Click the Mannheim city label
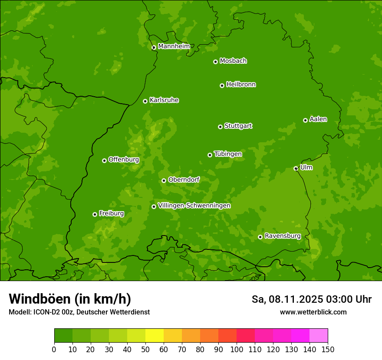tap(174, 46)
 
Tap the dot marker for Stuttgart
tap(220, 127)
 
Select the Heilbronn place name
tap(241, 85)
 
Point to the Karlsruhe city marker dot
tap(145, 101)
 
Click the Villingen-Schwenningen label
tap(194, 206)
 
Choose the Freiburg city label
tap(111, 213)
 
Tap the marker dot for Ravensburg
tap(260, 237)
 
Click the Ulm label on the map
tap(306, 167)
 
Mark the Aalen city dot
tap(305, 120)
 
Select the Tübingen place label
tap(228, 154)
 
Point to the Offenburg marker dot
tap(104, 160)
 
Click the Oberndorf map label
tap(184, 180)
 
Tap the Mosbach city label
tap(233, 61)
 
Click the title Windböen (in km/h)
tap(69, 299)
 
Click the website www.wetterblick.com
tap(313, 312)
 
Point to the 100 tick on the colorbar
tap(237, 349)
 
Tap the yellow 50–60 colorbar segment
tap(155, 336)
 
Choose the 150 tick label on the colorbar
tap(328, 349)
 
